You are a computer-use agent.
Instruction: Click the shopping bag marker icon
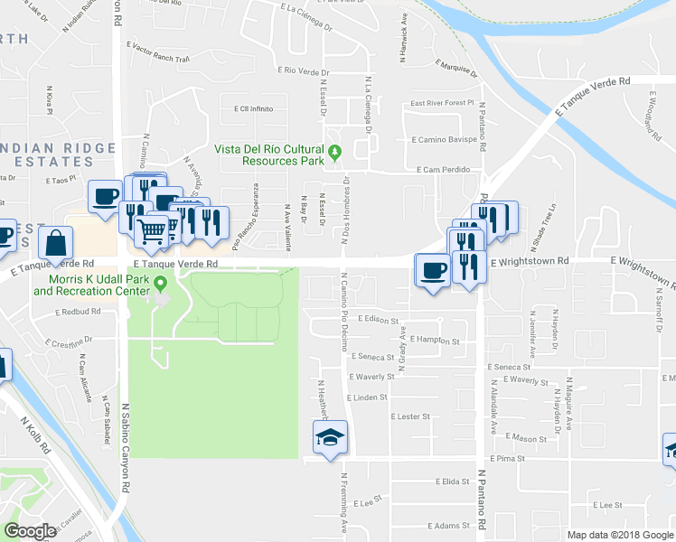(56, 243)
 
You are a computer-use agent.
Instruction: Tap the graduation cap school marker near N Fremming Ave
(330, 439)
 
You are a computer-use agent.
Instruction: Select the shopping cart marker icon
(151, 231)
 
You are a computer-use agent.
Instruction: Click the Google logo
(31, 531)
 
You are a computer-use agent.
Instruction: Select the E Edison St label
(379, 319)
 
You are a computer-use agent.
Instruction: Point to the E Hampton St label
(435, 340)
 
